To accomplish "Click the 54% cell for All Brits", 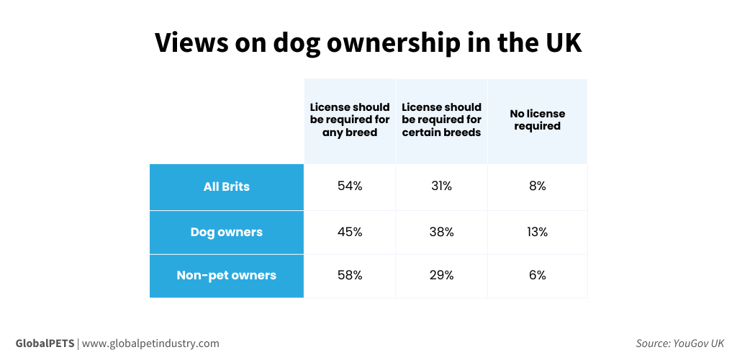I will pos(350,186).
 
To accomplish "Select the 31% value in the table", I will pos(441,186).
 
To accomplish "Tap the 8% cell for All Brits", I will pos(537,186).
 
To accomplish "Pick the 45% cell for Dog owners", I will pos(350,233).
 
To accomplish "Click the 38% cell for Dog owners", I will pos(441,233).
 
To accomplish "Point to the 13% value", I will pos(537,233).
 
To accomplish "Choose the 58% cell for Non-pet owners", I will pos(350,275).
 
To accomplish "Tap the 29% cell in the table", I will pos(441,275).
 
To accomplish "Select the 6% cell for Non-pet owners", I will pos(537,275).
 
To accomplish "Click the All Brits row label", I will pos(227,186).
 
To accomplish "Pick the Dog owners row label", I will pos(227,233).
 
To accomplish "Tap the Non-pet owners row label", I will pos(227,275).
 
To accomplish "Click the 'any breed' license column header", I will pos(350,120).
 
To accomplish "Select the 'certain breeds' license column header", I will pos(441,120).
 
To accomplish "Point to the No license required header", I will pos(537,120).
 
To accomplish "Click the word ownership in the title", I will pos(366,44).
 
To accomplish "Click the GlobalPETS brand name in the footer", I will pos(45,343).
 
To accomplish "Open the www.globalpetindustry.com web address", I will pos(150,343).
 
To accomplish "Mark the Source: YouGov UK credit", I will pos(679,343).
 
